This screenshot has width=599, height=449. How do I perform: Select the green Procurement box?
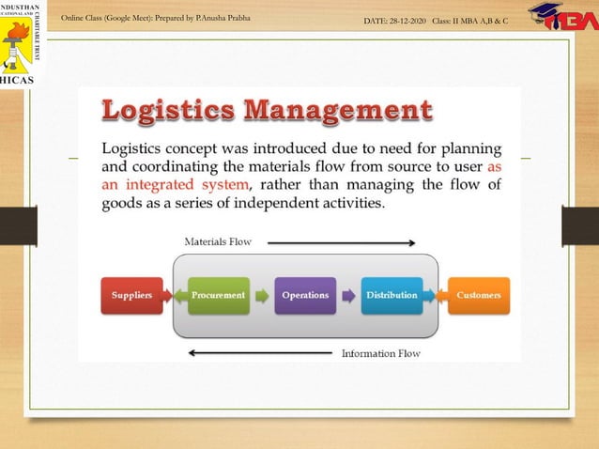pyautogui.click(x=218, y=295)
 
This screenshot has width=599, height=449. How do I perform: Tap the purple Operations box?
pyautogui.click(x=305, y=295)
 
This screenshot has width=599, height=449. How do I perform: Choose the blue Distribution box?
pyautogui.click(x=392, y=295)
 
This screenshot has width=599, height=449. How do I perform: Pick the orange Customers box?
pyautogui.click(x=478, y=295)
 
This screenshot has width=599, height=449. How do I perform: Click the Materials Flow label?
pyautogui.click(x=217, y=241)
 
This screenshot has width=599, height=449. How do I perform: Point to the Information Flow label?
pyautogui.click(x=380, y=353)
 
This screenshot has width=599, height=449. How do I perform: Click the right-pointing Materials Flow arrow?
pyautogui.click(x=341, y=242)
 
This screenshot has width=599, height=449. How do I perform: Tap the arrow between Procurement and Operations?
pyautogui.click(x=261, y=295)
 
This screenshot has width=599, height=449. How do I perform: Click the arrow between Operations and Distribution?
pyautogui.click(x=347, y=295)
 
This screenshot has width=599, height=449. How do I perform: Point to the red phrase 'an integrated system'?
pyautogui.click(x=177, y=184)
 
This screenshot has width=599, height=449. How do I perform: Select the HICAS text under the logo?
pyautogui.click(x=20, y=79)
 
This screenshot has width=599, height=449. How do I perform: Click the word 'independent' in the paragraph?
pyautogui.click(x=314, y=203)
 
